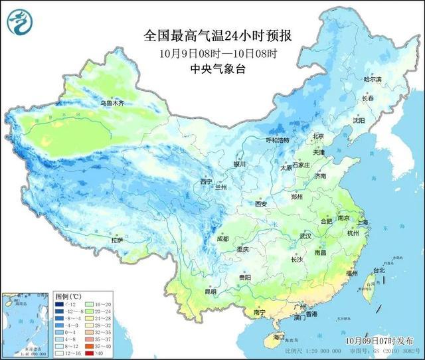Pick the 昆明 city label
(211, 291)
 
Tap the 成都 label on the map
(222, 238)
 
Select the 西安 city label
(260, 204)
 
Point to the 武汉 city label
(305, 236)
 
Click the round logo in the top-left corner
(20, 21)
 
